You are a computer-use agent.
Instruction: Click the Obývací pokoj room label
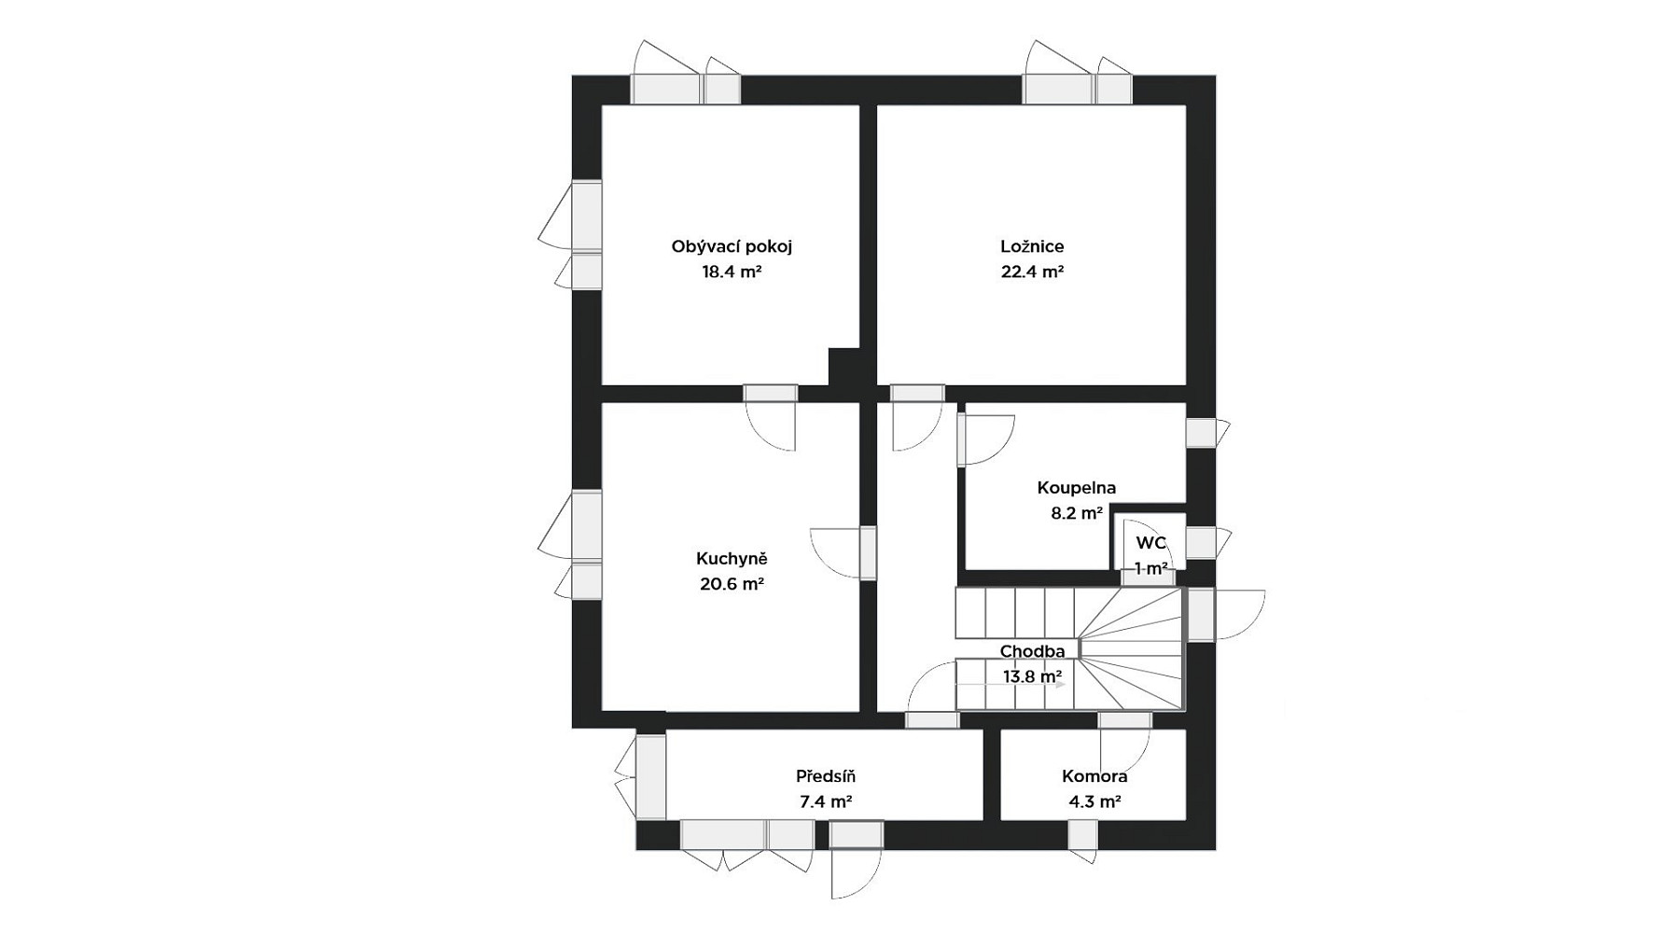(732, 247)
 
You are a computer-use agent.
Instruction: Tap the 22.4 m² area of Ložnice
(1032, 272)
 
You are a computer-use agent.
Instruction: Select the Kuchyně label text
(732, 559)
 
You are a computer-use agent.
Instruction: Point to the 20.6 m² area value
(732, 585)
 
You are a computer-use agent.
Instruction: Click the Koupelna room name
(1076, 488)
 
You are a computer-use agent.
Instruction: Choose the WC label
(1150, 543)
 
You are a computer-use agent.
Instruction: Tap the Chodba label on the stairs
(1032, 651)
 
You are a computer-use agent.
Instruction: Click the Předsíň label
(826, 776)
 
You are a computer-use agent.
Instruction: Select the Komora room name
(1094, 776)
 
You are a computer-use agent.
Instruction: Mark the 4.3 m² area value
(1094, 801)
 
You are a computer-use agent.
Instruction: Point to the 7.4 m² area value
(826, 801)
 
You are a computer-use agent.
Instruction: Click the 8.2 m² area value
(1077, 513)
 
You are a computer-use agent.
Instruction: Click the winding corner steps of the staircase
(1132, 648)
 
